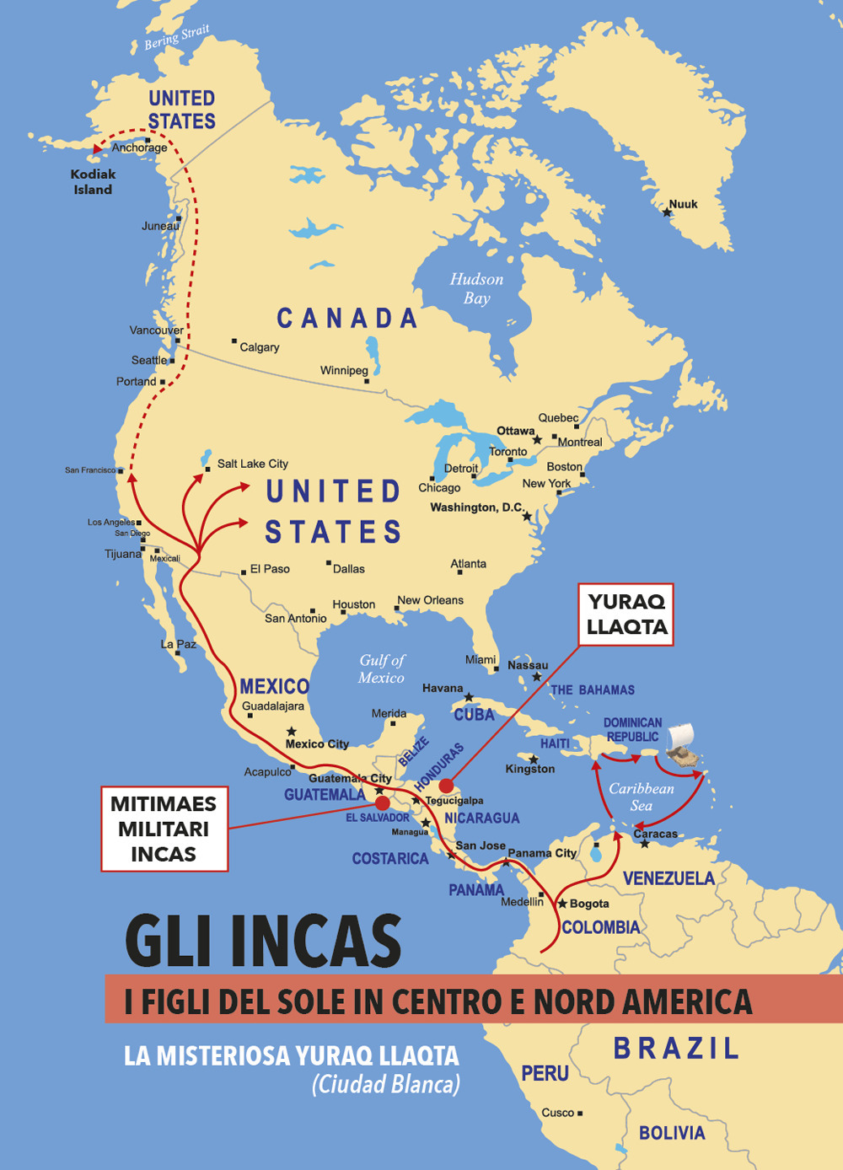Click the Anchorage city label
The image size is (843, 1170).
(139, 148)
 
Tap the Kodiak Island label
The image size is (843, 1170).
(93, 182)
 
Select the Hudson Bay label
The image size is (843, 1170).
(476, 288)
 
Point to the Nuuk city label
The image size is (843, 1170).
(683, 204)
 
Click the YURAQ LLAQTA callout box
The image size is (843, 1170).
(626, 615)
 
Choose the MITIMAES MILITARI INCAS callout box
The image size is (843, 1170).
(164, 829)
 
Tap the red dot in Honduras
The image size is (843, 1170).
(446, 786)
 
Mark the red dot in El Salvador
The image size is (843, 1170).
(382, 802)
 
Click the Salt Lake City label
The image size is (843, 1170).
(252, 464)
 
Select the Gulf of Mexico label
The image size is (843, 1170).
(381, 668)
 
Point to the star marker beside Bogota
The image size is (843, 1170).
(562, 903)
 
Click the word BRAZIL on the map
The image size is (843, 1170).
(676, 1048)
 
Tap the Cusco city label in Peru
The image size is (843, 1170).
(557, 1113)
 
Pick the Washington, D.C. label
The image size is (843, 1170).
(476, 507)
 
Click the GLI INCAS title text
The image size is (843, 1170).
(263, 941)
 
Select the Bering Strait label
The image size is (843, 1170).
(176, 37)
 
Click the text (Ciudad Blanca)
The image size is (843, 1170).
(386, 1084)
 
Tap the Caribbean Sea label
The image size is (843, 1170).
(642, 797)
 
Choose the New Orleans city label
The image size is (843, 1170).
(430, 600)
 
